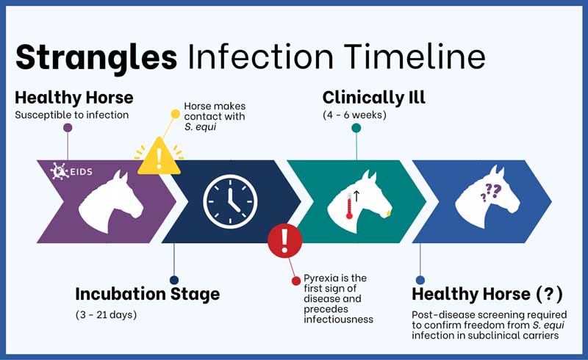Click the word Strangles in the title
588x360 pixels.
tap(96, 57)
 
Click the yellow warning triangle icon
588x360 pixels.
tap(159, 156)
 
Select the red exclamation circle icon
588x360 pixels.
tap(284, 240)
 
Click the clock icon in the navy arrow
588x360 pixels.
tap(230, 201)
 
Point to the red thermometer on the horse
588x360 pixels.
tap(350, 206)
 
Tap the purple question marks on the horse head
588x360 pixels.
tap(491, 192)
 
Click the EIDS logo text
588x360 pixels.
tap(81, 172)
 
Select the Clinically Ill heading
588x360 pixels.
tap(374, 98)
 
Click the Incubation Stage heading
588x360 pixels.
tap(148, 294)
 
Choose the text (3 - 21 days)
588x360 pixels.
tap(106, 314)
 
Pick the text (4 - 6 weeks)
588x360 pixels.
tap(354, 115)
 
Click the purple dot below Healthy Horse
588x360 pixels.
tap(68, 128)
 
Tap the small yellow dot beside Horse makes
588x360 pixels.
tap(175, 114)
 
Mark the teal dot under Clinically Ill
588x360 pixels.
tap(356, 128)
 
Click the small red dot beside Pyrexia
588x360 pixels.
tap(296, 281)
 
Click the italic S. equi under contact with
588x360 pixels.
tap(200, 127)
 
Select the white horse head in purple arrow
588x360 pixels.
tap(111, 201)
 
